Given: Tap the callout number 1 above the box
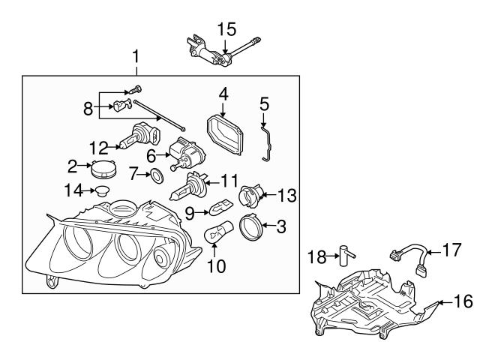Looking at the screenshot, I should click(x=136, y=57).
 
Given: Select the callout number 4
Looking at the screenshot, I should click(x=223, y=94).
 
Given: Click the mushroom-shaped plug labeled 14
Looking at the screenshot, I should click(x=98, y=191).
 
